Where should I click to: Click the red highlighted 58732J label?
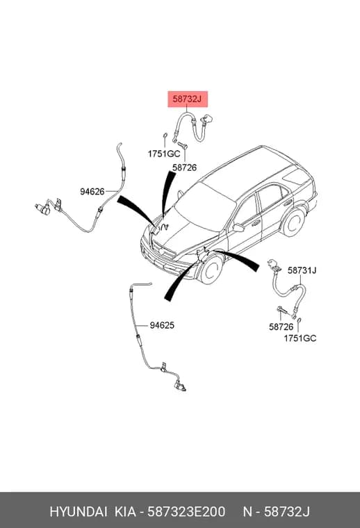tap(188, 99)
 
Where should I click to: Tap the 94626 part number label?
tap(92, 192)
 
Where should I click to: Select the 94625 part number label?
tap(162, 325)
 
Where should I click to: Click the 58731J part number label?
tap(302, 270)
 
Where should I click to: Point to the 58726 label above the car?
tap(185, 167)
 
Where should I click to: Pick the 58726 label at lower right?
tap(281, 327)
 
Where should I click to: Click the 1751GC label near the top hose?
tap(163, 154)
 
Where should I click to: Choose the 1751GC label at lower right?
tap(300, 338)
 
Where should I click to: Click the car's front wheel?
tap(211, 269)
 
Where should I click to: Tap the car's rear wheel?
tap(293, 222)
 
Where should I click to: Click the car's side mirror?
tap(238, 228)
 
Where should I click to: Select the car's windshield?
tap(205, 206)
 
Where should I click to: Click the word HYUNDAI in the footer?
tap(79, 512)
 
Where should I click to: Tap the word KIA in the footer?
tap(126, 512)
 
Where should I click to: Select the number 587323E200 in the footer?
tap(186, 512)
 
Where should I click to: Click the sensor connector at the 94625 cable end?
tap(179, 386)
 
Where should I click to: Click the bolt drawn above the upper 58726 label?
tap(183, 145)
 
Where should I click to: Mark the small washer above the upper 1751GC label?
tap(165, 135)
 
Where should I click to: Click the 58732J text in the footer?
tap(286, 512)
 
